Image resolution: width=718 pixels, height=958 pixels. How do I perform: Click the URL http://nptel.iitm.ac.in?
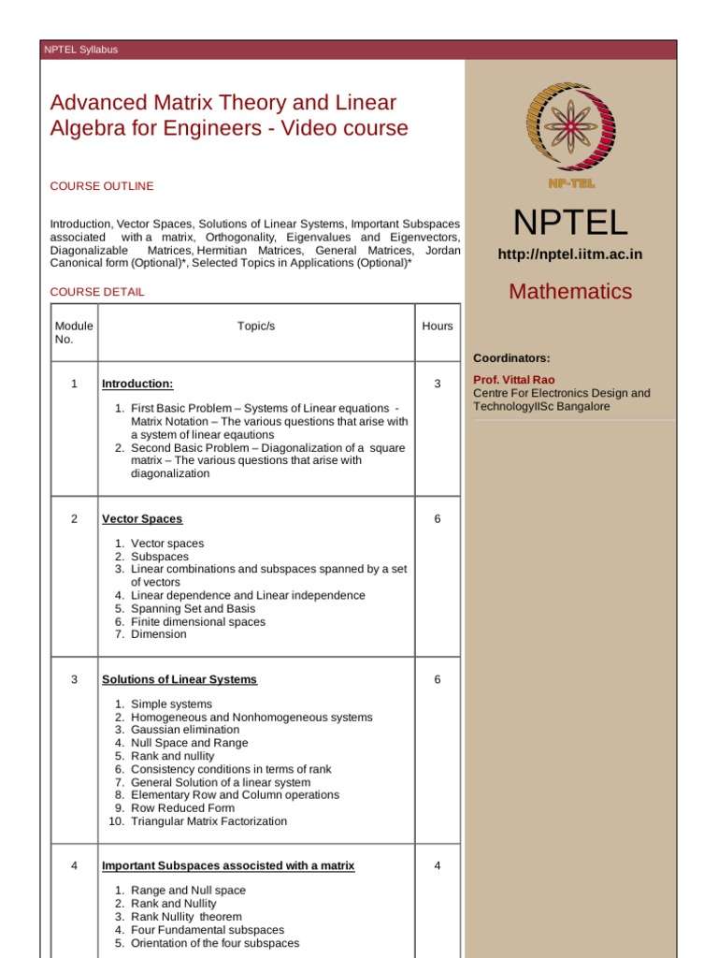point(569,254)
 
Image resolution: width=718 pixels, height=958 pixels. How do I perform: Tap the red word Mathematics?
point(569,291)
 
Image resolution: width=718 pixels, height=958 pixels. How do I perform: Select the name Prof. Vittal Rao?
point(513,380)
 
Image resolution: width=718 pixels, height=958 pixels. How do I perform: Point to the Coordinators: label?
point(511,358)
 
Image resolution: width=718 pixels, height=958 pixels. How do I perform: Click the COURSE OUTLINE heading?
point(102,186)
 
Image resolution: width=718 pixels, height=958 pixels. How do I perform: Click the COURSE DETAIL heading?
point(97,292)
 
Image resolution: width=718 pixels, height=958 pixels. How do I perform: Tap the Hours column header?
point(437,327)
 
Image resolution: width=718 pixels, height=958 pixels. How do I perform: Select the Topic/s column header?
point(256,327)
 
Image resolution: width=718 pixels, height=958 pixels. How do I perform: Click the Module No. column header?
point(74,332)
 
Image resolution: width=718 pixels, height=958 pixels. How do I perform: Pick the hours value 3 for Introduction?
point(437,385)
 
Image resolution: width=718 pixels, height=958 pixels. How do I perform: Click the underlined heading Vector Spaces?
point(142,519)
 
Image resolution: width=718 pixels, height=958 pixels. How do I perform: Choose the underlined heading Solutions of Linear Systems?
point(179,680)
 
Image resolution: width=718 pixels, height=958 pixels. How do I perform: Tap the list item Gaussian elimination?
point(185,730)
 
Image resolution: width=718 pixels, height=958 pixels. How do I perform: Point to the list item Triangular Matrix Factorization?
point(208,821)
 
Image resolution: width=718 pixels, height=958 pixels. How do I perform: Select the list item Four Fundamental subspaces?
point(208,930)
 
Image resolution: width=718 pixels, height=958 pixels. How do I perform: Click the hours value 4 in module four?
point(437,866)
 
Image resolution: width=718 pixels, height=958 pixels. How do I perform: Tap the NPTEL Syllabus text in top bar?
point(81,50)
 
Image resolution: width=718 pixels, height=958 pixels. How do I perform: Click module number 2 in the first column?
point(74,519)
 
